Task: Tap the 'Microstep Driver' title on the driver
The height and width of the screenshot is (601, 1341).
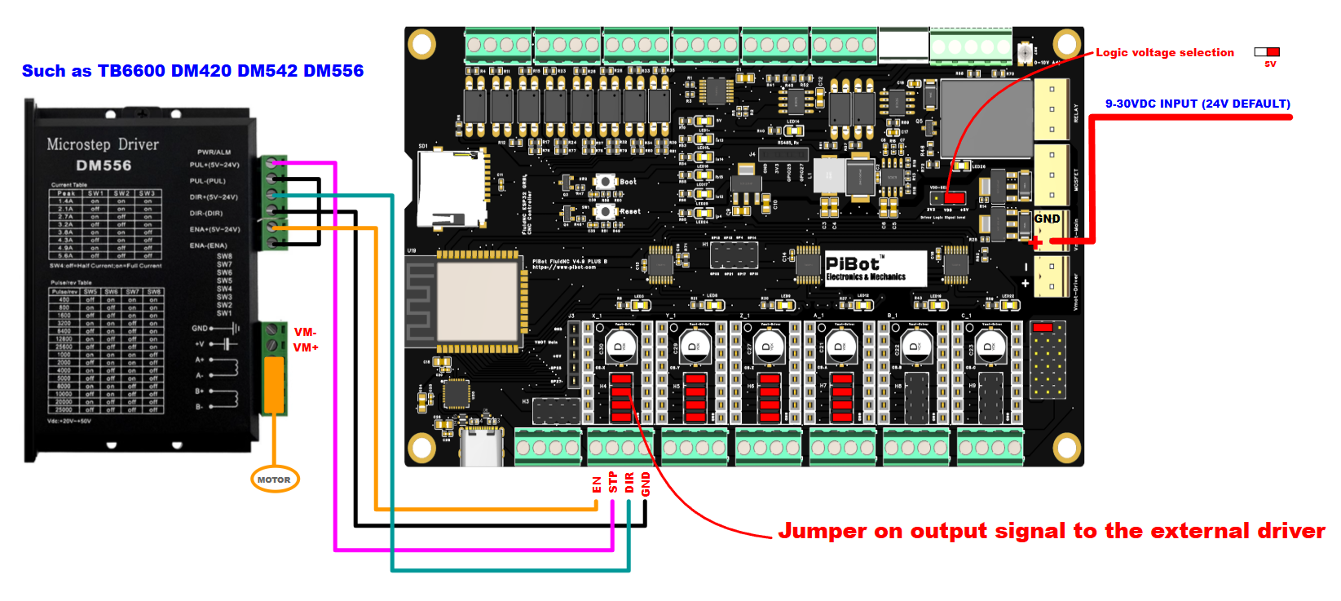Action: (103, 144)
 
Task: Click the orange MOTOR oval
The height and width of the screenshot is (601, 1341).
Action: (274, 479)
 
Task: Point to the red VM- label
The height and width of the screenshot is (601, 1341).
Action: (305, 332)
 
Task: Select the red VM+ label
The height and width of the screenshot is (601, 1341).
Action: (306, 347)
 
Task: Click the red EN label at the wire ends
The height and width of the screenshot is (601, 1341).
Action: (597, 484)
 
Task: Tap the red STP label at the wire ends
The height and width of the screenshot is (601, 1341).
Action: (613, 483)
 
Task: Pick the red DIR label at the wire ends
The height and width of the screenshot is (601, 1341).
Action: (629, 483)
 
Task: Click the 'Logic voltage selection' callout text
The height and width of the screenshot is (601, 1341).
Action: (1164, 52)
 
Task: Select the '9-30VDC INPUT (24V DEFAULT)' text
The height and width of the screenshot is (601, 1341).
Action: (1197, 104)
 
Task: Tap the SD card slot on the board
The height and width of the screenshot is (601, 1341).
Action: (451, 189)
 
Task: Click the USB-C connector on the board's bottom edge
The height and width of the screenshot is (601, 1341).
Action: (481, 446)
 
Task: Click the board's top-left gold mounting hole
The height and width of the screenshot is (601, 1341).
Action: (421, 43)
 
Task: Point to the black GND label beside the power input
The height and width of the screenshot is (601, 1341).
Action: (1047, 219)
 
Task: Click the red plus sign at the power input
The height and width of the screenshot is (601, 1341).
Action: (1035, 241)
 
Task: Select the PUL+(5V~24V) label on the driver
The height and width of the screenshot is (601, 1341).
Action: (214, 165)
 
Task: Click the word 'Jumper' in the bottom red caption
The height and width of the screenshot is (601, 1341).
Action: (822, 531)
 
